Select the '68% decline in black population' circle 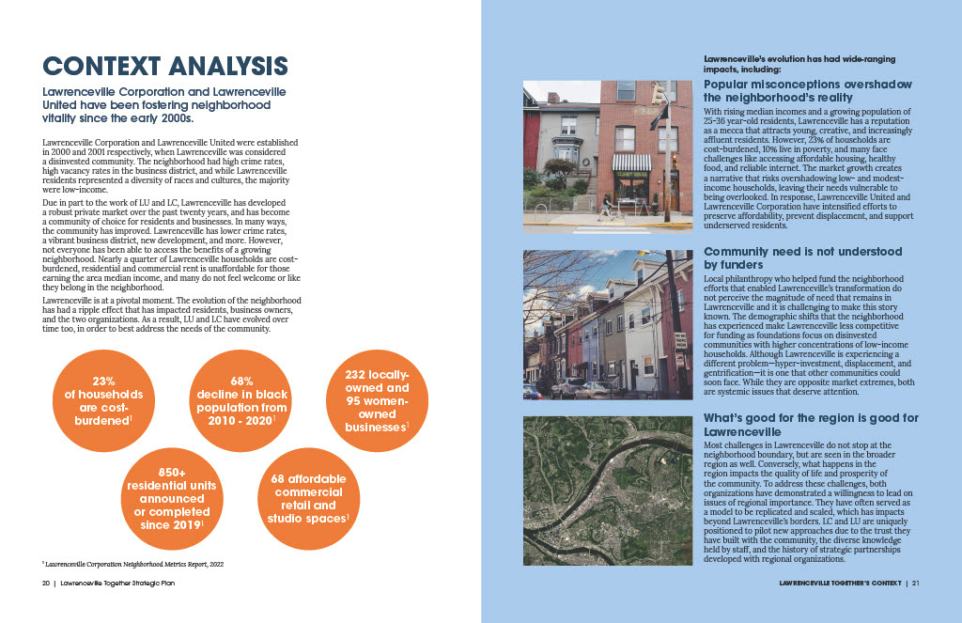click(240, 401)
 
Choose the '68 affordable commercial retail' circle click(307, 498)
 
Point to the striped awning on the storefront click(630, 162)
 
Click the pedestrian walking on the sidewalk click(604, 207)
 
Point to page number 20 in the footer click(45, 584)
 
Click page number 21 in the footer click(916, 584)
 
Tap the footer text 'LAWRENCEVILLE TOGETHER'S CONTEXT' click(840, 584)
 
